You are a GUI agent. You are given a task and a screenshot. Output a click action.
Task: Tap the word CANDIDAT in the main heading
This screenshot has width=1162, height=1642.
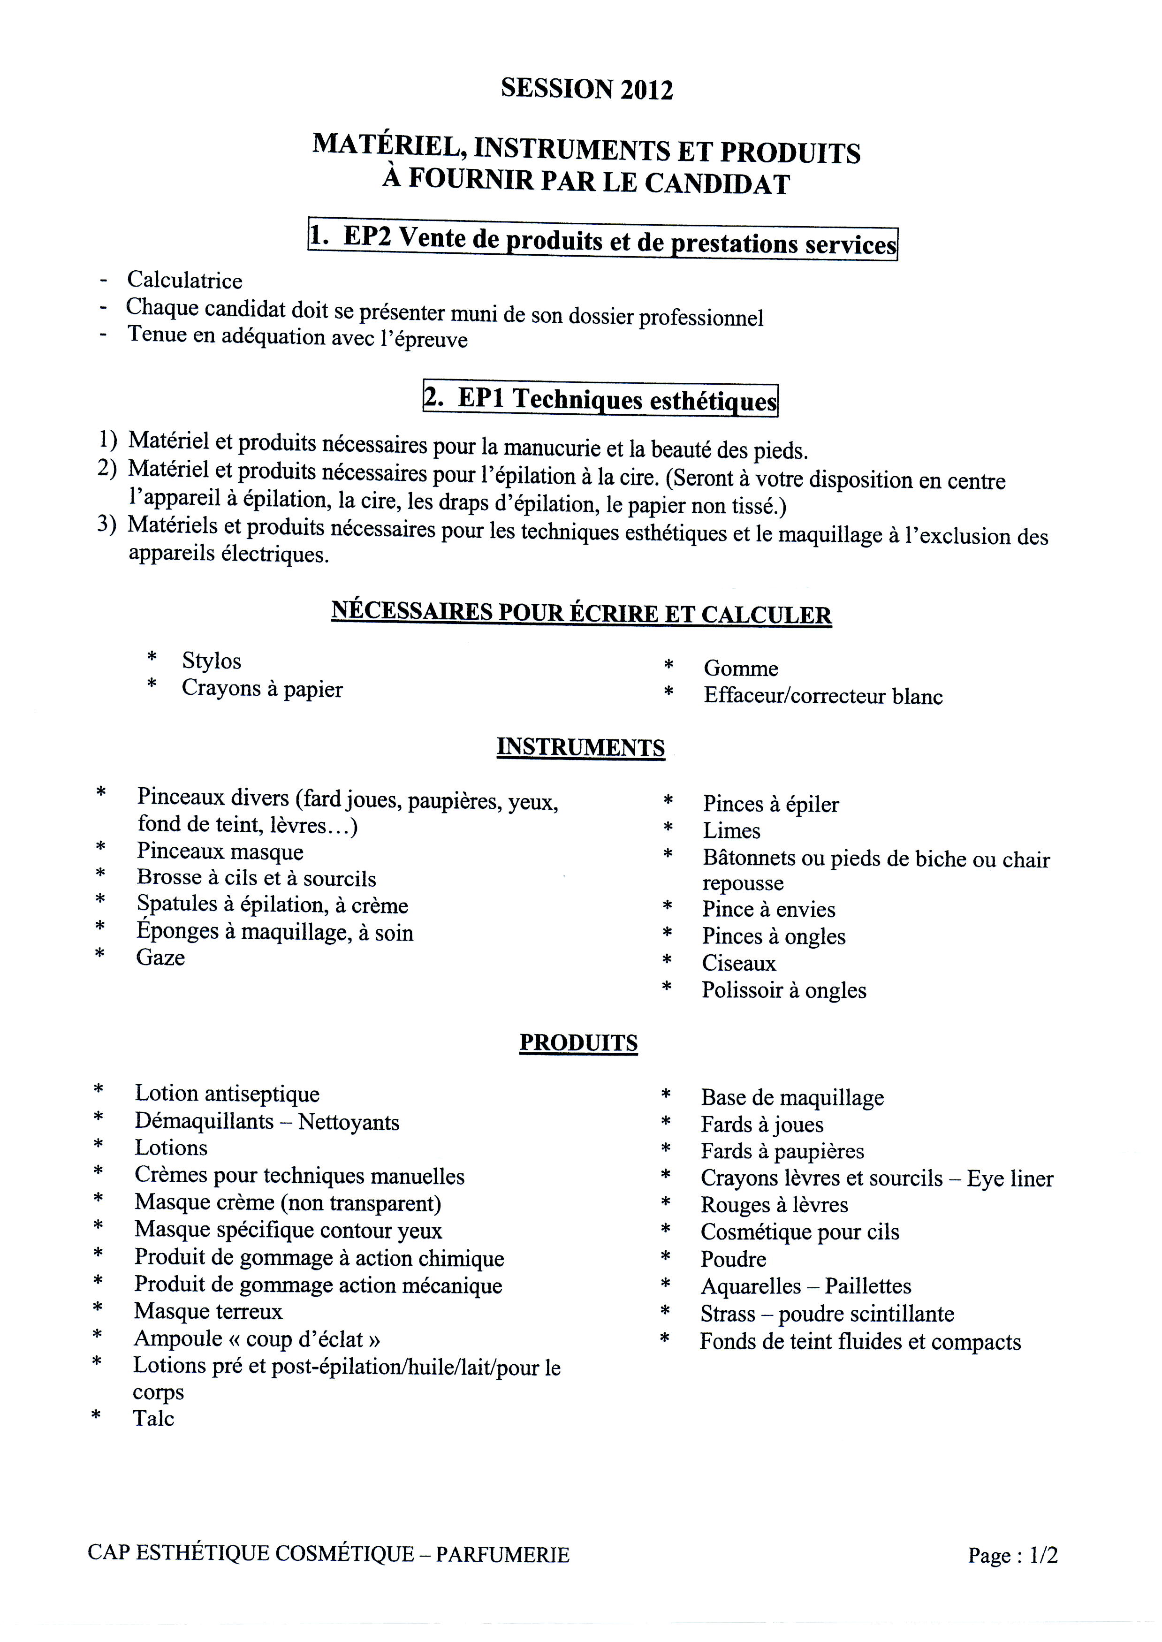(x=718, y=184)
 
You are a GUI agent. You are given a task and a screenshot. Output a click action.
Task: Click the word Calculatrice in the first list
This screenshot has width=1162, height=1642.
(x=185, y=281)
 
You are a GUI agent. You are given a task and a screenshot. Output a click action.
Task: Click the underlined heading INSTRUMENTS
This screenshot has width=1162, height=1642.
(x=580, y=748)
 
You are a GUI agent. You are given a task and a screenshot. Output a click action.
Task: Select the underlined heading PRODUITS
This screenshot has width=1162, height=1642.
(x=578, y=1043)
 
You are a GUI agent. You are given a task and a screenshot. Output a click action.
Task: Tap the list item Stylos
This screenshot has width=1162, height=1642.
(x=211, y=661)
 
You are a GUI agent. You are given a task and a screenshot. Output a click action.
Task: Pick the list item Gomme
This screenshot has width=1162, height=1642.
(x=741, y=668)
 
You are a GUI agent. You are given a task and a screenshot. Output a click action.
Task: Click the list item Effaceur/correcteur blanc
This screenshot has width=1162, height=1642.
(x=823, y=696)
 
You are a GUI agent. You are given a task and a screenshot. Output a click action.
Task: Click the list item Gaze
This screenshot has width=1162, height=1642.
(x=160, y=958)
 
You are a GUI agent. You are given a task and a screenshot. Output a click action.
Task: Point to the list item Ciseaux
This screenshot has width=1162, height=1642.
(x=738, y=964)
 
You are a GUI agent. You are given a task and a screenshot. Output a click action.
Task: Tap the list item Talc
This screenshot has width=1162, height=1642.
(x=153, y=1419)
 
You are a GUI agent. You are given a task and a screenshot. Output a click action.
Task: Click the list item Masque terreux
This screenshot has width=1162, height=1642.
(x=208, y=1311)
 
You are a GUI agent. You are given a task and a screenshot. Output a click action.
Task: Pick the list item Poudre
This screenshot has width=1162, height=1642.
(x=733, y=1259)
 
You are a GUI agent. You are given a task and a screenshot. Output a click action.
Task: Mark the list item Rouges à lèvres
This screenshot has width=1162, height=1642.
(x=774, y=1205)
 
